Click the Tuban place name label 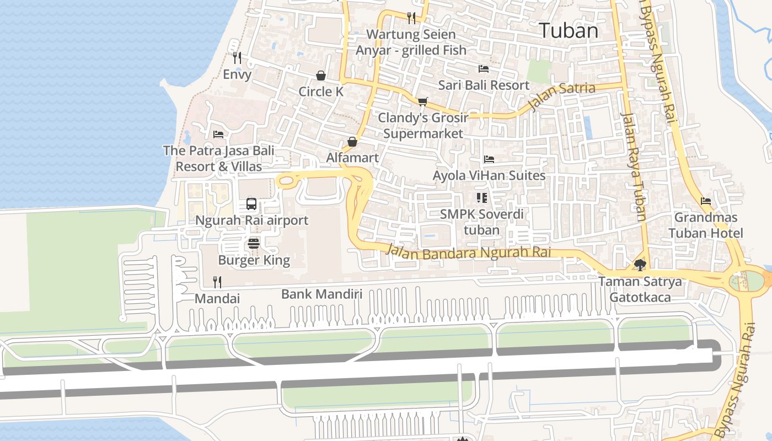click(569, 30)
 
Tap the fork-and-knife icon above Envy click(237, 57)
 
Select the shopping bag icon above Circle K click(321, 75)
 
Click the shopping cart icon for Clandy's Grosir click(422, 101)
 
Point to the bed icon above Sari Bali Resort click(484, 69)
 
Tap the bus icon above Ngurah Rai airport click(251, 204)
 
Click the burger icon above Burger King click(254, 243)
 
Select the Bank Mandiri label click(321, 294)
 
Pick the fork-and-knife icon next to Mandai click(217, 282)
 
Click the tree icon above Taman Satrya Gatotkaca click(640, 265)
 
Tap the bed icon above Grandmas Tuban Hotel click(705, 201)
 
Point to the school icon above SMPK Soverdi click(482, 197)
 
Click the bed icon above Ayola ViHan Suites click(489, 159)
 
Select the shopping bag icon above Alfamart click(352, 142)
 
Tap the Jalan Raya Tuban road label click(634, 165)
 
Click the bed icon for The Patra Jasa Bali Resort click(218, 134)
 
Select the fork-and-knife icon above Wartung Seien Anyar click(411, 18)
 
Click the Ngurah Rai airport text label click(251, 220)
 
